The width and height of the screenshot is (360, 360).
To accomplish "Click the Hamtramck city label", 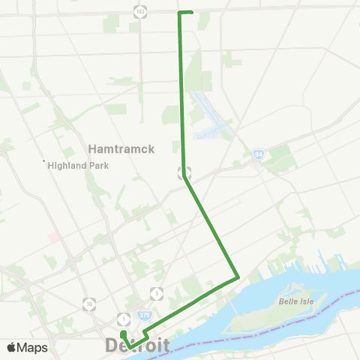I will click(x=121, y=148).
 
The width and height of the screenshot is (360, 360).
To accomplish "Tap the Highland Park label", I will click(x=79, y=166).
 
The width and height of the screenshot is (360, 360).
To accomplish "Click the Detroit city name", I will click(x=137, y=346).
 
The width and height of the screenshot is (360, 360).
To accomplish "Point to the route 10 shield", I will click(x=89, y=304).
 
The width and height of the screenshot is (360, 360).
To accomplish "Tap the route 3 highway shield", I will click(x=157, y=293).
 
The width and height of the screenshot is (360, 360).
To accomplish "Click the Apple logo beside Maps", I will click(x=12, y=347).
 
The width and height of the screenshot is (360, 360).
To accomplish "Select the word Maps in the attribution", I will click(x=32, y=347).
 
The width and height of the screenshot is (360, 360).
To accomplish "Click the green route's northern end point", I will click(x=192, y=12).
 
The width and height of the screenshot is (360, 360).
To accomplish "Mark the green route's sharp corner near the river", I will click(x=238, y=277).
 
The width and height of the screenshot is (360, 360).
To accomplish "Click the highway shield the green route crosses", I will click(x=184, y=172).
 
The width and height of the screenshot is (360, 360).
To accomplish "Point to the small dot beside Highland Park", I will click(x=44, y=160).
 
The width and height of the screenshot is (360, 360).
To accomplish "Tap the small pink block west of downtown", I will click(x=52, y=236).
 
